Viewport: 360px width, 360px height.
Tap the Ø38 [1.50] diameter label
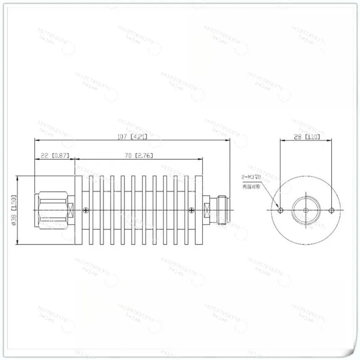click(13, 210)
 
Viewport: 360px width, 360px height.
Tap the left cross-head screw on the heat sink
click(86, 210)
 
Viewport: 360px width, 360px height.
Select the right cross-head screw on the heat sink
click(192, 210)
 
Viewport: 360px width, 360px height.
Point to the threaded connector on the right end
click(221, 210)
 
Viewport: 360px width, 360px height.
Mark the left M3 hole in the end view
click(281, 211)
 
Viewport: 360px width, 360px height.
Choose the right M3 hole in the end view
click(332, 211)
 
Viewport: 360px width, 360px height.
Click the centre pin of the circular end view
click(306, 211)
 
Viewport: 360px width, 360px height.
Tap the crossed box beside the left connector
click(71, 210)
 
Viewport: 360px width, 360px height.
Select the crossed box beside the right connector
click(207, 210)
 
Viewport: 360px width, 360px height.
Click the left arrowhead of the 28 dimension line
click(282, 140)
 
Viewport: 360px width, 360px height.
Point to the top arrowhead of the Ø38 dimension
click(18, 178)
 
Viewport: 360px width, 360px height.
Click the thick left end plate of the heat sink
click(77, 210)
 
